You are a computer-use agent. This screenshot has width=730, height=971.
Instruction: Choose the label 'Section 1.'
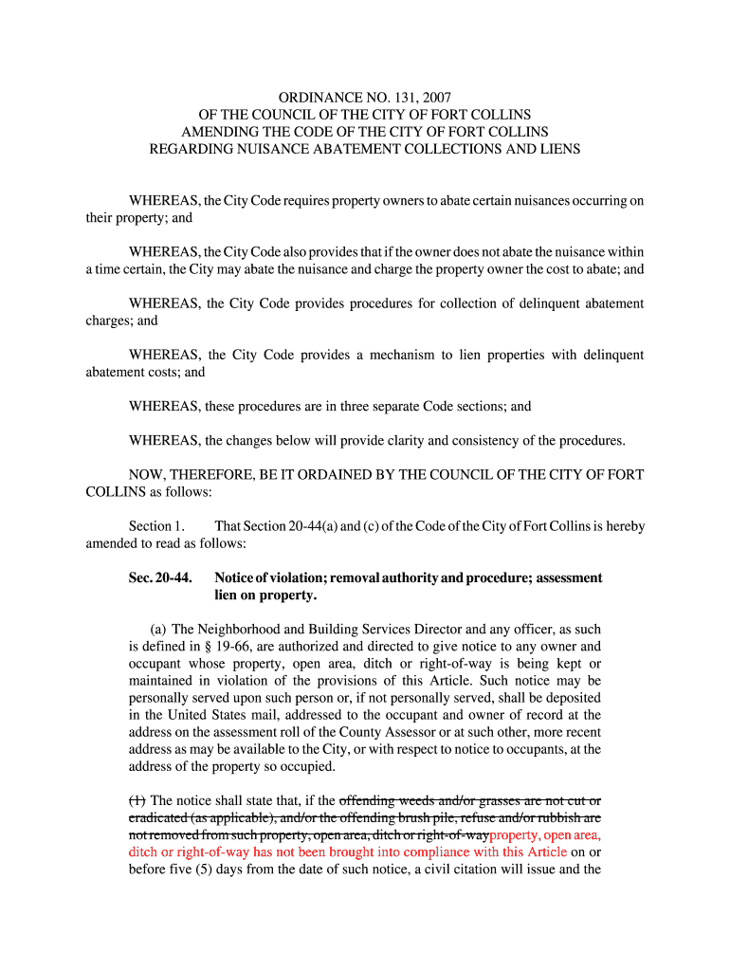coord(156,525)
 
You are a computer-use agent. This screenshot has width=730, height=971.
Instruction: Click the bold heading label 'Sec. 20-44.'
coord(160,577)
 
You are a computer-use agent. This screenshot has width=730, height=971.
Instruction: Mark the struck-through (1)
coord(137,800)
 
